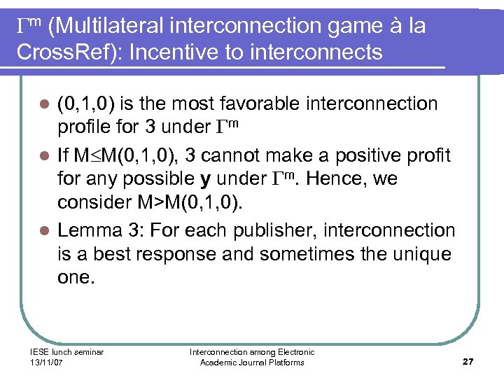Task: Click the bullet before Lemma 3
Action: coord(43,230)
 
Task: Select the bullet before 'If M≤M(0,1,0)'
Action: coord(43,155)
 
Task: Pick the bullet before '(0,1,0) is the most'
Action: coord(43,104)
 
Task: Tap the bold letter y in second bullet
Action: coord(206,179)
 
